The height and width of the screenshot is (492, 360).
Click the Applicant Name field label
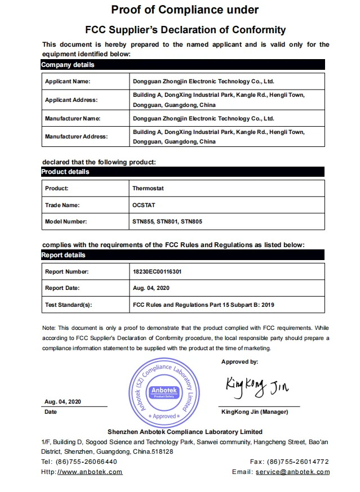[68, 82]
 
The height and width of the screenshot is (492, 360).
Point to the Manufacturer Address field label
[75, 137]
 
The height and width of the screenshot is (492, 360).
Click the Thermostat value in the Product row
[148, 189]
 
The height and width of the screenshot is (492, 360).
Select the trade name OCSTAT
[143, 205]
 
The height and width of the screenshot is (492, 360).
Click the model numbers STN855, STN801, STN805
[167, 222]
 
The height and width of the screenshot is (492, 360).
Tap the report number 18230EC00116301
[157, 272]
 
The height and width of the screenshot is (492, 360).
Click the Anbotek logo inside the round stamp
[165, 392]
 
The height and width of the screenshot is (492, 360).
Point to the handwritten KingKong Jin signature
[256, 386]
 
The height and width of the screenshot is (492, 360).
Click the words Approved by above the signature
[239, 362]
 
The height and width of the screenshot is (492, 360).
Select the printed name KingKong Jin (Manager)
[255, 412]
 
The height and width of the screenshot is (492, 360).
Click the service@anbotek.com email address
[292, 472]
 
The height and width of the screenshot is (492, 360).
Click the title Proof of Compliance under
[185, 10]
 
